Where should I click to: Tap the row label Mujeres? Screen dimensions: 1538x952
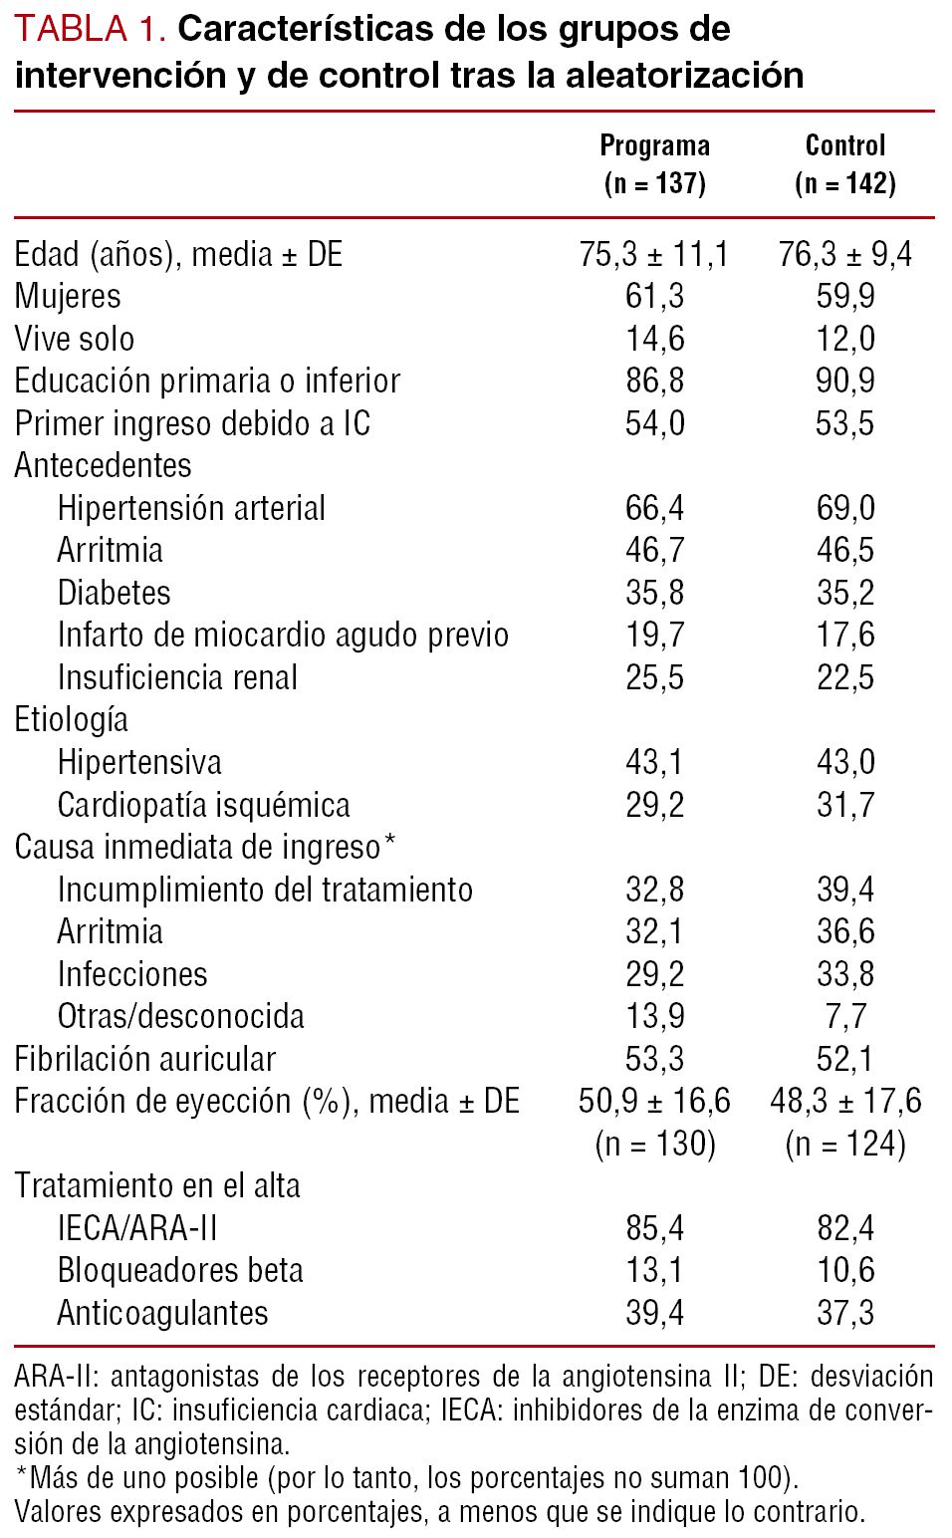click(68, 297)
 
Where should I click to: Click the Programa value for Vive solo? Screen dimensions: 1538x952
click(654, 340)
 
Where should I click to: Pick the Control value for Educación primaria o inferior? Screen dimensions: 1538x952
click(845, 382)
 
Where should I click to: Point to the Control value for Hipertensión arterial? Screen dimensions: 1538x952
click(845, 509)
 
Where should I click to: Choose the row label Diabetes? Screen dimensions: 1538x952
click(114, 594)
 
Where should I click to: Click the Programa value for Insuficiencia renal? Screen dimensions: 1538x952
click(654, 678)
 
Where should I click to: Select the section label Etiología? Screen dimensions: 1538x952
click(72, 720)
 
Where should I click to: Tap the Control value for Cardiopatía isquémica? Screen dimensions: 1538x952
click(845, 805)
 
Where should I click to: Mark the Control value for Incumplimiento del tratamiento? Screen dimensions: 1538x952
click(845, 890)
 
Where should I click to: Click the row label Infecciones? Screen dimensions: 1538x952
click(132, 974)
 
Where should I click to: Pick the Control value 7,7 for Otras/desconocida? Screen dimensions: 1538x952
click(845, 1017)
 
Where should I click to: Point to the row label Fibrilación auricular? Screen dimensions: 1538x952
click(145, 1060)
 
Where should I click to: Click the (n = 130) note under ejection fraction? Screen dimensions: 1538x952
click(654, 1144)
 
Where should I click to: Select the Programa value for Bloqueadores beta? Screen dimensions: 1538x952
click(654, 1271)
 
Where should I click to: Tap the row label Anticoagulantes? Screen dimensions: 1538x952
click(162, 1314)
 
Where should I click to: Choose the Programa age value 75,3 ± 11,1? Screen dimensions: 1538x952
click(654, 255)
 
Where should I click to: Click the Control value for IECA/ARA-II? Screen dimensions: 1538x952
click(845, 1229)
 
